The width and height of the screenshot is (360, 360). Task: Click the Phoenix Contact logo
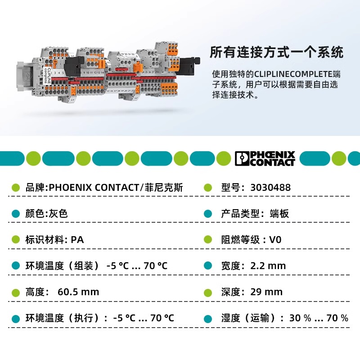265,158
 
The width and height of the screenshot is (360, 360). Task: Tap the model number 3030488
270,188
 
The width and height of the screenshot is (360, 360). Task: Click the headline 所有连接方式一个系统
277,52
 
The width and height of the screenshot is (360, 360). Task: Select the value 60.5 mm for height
78,292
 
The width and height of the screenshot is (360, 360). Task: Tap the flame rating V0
275,239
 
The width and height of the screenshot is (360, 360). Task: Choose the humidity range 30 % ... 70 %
319,318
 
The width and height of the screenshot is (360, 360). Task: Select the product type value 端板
279,214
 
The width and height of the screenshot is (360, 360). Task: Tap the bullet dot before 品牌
16,188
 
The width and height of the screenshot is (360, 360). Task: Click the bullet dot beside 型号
208,188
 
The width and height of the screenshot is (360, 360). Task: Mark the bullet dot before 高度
16,292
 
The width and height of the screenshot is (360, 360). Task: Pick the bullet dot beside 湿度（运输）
208,318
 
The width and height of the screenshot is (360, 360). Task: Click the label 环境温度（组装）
62,265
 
